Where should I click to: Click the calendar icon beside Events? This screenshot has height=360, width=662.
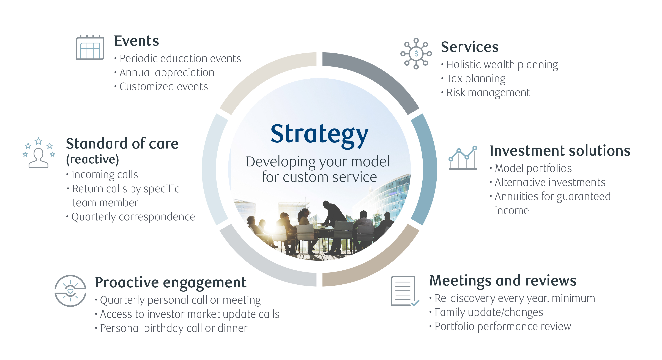coord(90,48)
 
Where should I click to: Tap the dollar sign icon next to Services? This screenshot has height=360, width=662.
coord(416,54)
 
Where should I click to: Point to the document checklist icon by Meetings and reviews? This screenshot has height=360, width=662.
coord(404,291)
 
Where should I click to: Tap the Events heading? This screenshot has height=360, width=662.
coord(136,41)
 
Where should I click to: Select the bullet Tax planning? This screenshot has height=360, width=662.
coord(475,79)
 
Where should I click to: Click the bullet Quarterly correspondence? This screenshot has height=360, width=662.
coord(133,217)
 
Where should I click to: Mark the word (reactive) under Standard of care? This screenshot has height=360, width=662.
coord(92,160)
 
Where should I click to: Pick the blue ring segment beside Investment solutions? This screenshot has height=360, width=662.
coord(425,170)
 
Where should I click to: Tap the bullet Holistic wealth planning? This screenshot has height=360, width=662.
coord(502,65)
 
